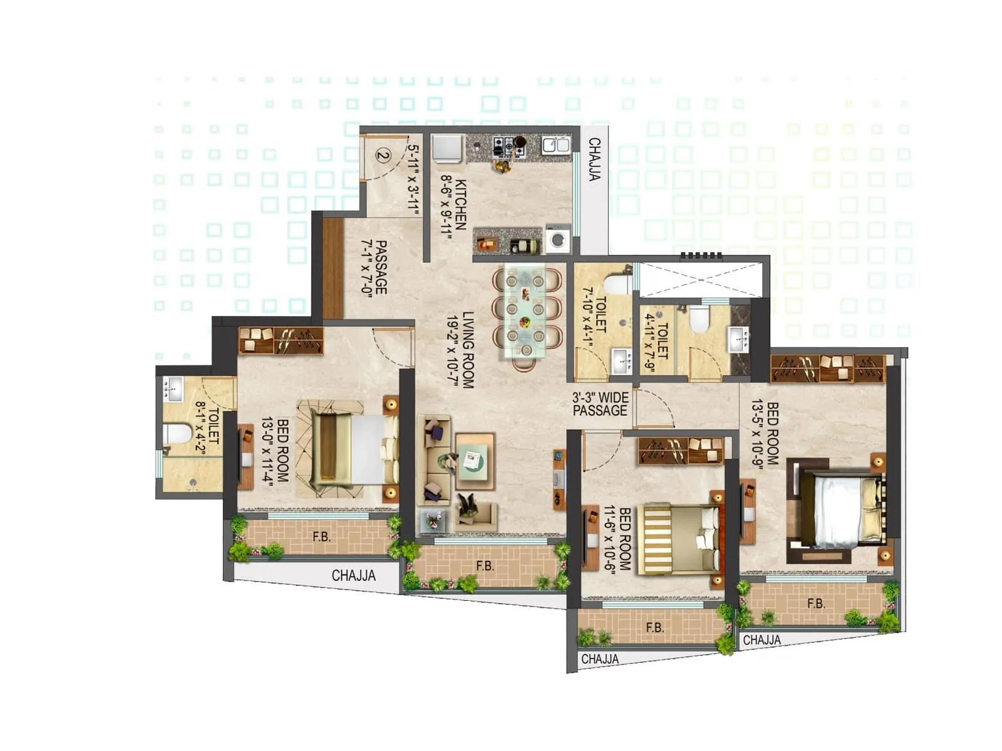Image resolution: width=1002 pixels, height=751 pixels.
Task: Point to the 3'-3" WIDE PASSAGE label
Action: [x=600, y=404]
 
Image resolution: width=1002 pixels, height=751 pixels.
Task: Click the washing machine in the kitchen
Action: [x=558, y=240]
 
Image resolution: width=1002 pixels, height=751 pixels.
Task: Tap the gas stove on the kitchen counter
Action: [x=508, y=147]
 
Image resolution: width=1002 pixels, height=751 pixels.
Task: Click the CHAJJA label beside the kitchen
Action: [x=594, y=160]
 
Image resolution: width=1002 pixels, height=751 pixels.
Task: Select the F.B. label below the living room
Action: [x=485, y=566]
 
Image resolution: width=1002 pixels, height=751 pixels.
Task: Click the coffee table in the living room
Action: [x=473, y=462]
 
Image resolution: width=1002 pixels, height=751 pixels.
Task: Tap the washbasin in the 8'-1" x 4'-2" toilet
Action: [x=173, y=388]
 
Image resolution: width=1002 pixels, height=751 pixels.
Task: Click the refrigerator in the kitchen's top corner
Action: [x=447, y=149]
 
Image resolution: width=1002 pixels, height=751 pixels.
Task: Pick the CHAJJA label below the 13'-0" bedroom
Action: [x=353, y=576]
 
